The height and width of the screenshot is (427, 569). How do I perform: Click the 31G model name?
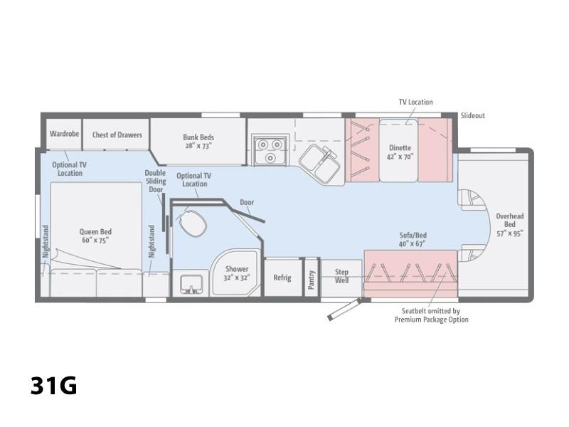tap(54, 385)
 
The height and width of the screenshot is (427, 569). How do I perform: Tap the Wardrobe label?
tap(64, 134)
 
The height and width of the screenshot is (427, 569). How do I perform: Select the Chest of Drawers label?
tap(117, 135)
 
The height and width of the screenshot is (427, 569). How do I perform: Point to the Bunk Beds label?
tap(198, 141)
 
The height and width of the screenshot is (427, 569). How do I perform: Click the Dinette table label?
tap(400, 152)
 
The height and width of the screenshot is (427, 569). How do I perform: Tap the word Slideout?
tap(473, 115)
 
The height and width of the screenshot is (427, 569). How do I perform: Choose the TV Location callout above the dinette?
tap(416, 102)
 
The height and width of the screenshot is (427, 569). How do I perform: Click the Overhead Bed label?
tap(510, 224)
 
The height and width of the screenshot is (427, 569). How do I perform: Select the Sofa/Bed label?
tap(413, 239)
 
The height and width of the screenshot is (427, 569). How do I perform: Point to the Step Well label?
tap(341, 276)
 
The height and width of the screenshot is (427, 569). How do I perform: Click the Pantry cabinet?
tap(312, 278)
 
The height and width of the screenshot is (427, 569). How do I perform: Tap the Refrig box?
tap(282, 278)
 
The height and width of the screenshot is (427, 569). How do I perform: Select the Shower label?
tap(237, 273)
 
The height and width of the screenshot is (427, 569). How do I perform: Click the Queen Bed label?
tap(95, 236)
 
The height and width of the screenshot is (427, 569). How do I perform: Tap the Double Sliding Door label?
tap(155, 181)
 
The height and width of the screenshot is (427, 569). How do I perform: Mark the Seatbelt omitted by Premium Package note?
tap(432, 315)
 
